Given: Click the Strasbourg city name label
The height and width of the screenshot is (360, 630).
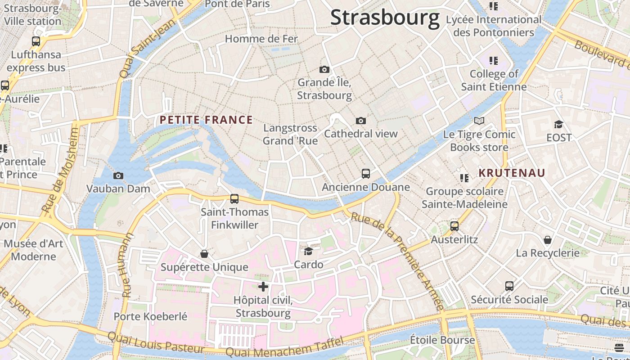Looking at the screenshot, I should click(x=385, y=18).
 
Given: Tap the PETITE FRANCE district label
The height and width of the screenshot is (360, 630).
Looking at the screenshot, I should click(x=207, y=120).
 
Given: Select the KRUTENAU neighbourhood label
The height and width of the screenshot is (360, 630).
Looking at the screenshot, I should click(x=512, y=173).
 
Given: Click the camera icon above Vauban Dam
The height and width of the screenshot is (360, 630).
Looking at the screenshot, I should click(x=118, y=175).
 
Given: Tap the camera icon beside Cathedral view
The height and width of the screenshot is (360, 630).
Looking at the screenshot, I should click(x=360, y=121).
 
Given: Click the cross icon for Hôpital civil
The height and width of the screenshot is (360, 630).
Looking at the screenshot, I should click(x=263, y=286).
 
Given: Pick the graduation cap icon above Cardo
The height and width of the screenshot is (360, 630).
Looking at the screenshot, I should click(x=308, y=251).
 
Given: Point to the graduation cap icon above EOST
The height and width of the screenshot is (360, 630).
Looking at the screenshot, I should click(x=558, y=124).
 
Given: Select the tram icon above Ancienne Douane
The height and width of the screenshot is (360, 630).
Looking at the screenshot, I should click(x=366, y=173).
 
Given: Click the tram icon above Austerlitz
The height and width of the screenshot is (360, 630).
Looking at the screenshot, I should click(x=454, y=226).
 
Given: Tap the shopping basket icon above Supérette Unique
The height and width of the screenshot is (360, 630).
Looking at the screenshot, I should click(x=204, y=254).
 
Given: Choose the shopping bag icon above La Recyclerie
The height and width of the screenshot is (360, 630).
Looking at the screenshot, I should click(x=548, y=239).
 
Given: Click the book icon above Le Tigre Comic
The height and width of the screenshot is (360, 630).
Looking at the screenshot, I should click(x=479, y=121).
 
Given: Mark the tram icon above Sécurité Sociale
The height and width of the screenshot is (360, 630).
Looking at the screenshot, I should click(x=509, y=286).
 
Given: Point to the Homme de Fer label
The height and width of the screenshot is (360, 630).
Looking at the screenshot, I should click(x=261, y=39).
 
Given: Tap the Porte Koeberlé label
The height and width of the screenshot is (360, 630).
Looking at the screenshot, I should click(x=150, y=316).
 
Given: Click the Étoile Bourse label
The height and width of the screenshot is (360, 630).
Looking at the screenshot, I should click(x=442, y=340).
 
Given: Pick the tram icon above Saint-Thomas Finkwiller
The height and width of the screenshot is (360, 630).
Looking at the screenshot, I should click(x=234, y=198).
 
